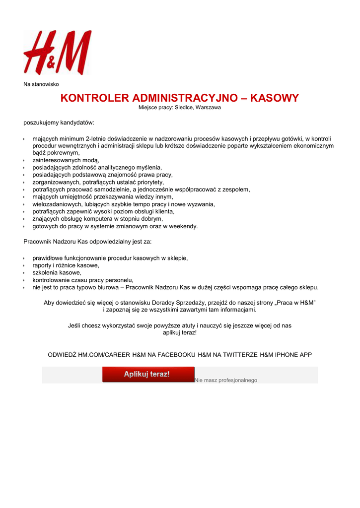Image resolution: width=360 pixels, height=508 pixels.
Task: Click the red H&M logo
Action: tap(58, 52)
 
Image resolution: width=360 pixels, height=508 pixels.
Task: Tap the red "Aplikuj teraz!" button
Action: tap(148, 375)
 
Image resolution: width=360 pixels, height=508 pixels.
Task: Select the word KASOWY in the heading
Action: tap(274, 98)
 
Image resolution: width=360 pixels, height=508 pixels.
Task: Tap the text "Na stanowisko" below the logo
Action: tap(41, 84)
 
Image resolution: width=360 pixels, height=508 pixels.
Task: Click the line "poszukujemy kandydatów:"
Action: tap(59, 122)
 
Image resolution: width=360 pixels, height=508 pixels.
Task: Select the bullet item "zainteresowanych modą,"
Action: tap(66, 160)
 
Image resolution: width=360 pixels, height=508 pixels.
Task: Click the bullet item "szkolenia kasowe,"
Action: tap(57, 272)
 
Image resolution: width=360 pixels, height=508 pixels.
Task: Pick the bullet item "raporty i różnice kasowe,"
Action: tap(66, 265)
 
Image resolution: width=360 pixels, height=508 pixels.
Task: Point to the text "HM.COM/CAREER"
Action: tap(104, 355)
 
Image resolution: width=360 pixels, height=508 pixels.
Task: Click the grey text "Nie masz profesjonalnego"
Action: tap(226, 380)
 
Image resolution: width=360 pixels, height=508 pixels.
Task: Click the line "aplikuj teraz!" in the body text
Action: tap(180, 332)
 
